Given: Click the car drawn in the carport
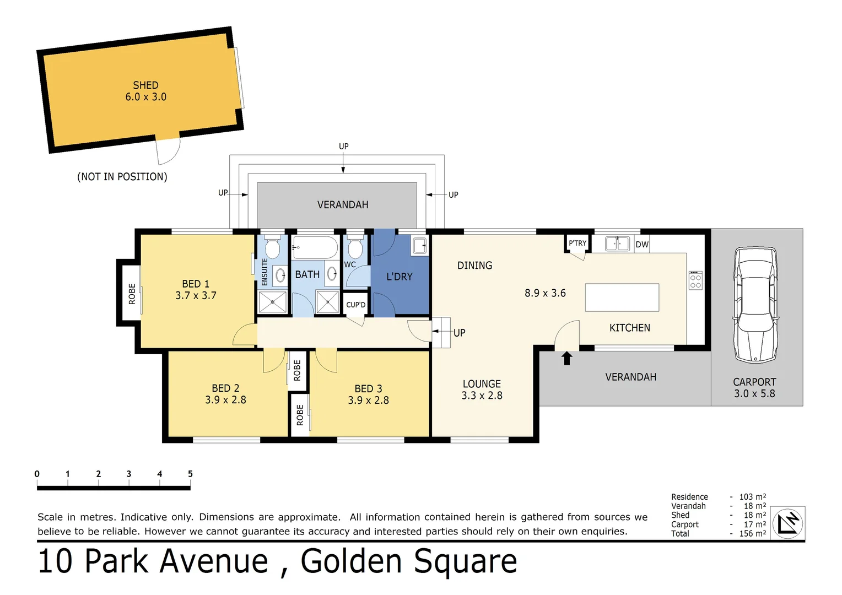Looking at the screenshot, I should pyautogui.click(x=755, y=304).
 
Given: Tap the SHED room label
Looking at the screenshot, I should pyautogui.click(x=145, y=85).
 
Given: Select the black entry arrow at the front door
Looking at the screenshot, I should pyautogui.click(x=566, y=358).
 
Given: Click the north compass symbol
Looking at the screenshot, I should pyautogui.click(x=787, y=523).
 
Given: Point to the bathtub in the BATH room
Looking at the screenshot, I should pyautogui.click(x=315, y=247).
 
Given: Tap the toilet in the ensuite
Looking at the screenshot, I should pyautogui.click(x=273, y=247).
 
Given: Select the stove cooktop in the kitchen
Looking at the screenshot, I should pyautogui.click(x=695, y=280).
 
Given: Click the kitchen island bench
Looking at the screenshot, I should pyautogui.click(x=622, y=297).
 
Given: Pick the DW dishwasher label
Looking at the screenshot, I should pyautogui.click(x=642, y=245).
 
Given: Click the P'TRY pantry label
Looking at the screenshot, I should pyautogui.click(x=577, y=243).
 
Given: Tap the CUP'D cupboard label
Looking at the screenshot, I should pyautogui.click(x=355, y=305).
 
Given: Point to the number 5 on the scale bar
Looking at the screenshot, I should pyautogui.click(x=190, y=474).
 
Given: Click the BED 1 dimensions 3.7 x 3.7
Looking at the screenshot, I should pyautogui.click(x=196, y=296).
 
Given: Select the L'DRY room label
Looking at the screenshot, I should pyautogui.click(x=400, y=277).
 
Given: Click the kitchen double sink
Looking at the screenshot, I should pyautogui.click(x=617, y=244).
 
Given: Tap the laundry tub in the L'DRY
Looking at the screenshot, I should pyautogui.click(x=419, y=246).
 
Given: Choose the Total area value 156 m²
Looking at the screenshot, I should pyautogui.click(x=752, y=533).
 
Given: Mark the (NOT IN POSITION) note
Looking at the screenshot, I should pyautogui.click(x=122, y=177).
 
